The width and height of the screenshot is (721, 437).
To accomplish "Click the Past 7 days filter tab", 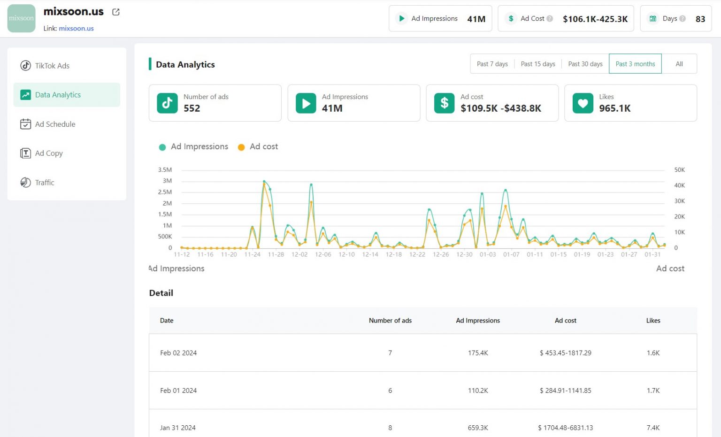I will pos(492,64).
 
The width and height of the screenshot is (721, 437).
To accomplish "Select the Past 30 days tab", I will pos(585,64).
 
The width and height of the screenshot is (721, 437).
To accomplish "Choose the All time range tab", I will pos(679,64).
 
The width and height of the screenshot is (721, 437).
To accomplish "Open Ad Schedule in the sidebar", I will pos(55,124).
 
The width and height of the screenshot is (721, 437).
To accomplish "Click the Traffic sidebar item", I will pos(45,183).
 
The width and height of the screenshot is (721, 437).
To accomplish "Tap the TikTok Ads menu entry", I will pos(52,66).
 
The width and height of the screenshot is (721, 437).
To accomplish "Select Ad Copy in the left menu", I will pos(49,153).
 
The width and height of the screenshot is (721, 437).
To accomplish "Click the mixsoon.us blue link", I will pos(76,29).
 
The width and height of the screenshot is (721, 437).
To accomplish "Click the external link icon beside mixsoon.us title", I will pos(116,12).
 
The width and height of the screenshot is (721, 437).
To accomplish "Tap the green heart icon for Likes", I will pos(583,103).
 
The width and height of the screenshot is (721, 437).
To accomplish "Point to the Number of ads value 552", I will pos(192,108).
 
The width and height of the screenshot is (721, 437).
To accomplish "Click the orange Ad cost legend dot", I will pos(241,147).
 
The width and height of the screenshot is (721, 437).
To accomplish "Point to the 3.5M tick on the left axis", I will pos(165,170).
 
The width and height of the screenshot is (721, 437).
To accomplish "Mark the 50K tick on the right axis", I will pos(679,170).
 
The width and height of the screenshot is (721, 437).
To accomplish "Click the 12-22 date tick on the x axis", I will pos(417,254).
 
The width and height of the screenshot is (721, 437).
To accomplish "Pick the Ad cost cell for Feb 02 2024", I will pos(565,353).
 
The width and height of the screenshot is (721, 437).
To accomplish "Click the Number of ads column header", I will pos(390,321).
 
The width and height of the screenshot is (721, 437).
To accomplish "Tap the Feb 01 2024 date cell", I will pos(178,391).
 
